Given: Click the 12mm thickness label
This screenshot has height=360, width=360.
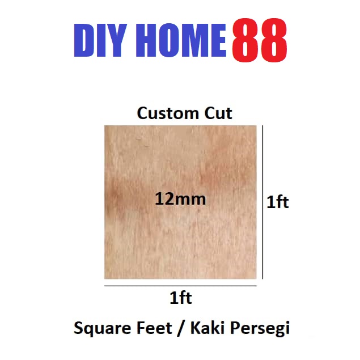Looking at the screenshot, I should click(x=180, y=199).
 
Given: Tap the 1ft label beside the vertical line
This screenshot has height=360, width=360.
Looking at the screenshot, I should click(x=278, y=202).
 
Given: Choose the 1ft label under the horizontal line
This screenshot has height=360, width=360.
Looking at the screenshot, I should click(x=181, y=297).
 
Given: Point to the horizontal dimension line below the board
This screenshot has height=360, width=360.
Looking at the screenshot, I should click(x=180, y=286).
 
